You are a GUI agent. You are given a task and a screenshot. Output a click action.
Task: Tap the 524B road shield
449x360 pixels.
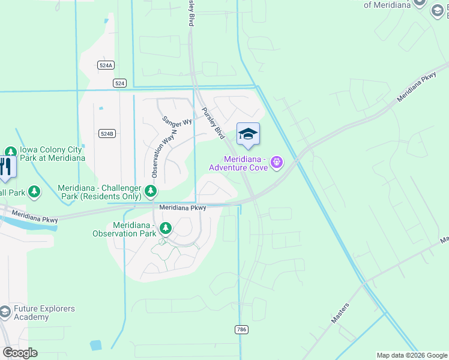(106, 134)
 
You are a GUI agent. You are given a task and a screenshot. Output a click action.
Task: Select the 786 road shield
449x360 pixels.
(241, 329)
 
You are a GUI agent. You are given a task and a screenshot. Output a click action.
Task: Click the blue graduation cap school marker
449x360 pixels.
(248, 134)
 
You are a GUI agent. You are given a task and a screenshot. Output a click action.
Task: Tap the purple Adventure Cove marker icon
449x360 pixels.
(277, 161)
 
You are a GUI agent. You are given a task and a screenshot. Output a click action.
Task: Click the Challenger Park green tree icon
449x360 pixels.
(150, 192)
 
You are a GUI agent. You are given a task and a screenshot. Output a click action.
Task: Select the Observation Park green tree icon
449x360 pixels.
(164, 229)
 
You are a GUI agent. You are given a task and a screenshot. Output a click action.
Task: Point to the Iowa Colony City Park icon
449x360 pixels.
(10, 152)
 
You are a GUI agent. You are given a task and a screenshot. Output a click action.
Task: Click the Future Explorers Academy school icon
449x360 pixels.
(5, 312)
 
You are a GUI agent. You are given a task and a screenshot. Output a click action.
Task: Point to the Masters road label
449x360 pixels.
(340, 314)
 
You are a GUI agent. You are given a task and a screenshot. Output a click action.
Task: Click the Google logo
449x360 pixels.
(20, 353)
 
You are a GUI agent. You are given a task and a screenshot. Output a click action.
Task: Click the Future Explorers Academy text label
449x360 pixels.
(45, 313)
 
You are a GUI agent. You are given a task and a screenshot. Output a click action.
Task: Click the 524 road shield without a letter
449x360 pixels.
(120, 83)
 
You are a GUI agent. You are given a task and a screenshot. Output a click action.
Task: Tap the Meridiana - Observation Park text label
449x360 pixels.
(124, 229)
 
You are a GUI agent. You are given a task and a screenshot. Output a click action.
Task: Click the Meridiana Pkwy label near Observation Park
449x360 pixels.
(182, 208)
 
